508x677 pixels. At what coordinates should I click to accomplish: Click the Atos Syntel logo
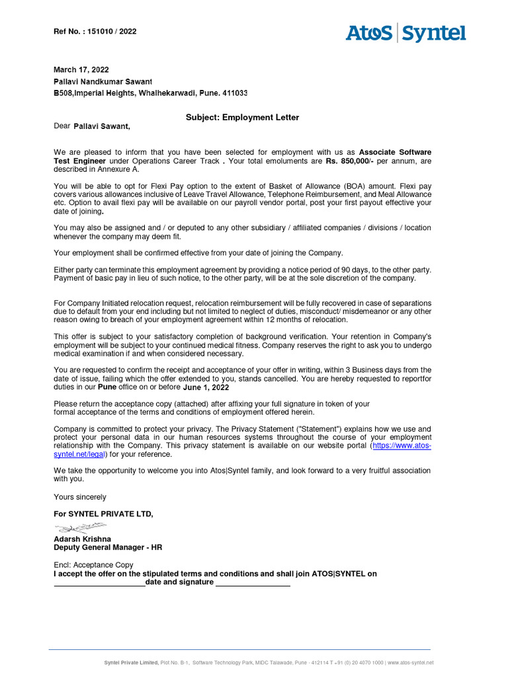click(x=405, y=33)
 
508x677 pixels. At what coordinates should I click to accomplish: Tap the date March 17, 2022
click(x=81, y=69)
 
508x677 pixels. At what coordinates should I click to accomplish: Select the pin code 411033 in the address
click(x=234, y=94)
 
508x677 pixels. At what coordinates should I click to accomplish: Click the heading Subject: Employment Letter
click(x=242, y=118)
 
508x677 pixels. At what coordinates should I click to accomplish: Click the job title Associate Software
click(x=395, y=152)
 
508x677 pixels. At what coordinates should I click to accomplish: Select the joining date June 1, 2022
click(x=206, y=387)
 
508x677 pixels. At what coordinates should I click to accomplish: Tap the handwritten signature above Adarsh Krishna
click(x=81, y=528)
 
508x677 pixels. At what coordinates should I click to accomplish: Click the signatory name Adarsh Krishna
click(x=82, y=539)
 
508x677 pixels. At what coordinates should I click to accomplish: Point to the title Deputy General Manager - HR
click(x=108, y=547)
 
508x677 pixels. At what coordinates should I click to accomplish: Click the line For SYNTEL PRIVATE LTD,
click(x=103, y=514)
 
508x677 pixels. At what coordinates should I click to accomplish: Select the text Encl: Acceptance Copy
click(x=93, y=565)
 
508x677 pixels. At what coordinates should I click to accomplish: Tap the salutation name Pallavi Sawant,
click(x=102, y=126)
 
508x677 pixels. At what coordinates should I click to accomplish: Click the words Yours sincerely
click(x=79, y=497)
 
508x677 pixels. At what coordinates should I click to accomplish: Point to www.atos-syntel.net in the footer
click(x=410, y=662)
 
